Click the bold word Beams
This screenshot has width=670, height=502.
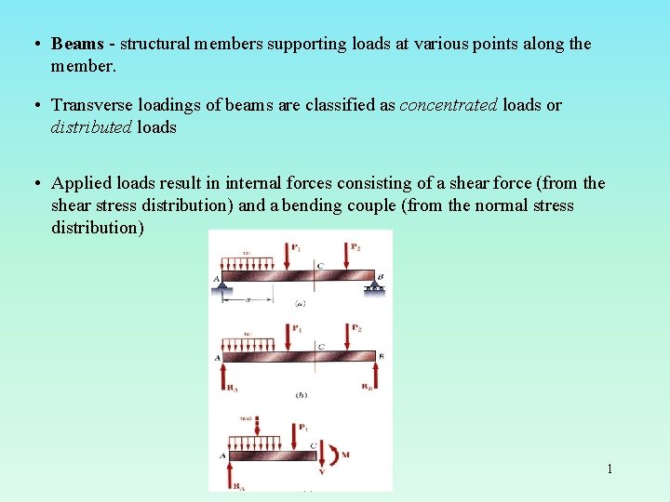[x=77, y=44]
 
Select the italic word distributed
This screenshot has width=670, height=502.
[x=91, y=127]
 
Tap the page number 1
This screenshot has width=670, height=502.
[x=610, y=469]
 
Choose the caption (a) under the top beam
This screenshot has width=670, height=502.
[x=300, y=304]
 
